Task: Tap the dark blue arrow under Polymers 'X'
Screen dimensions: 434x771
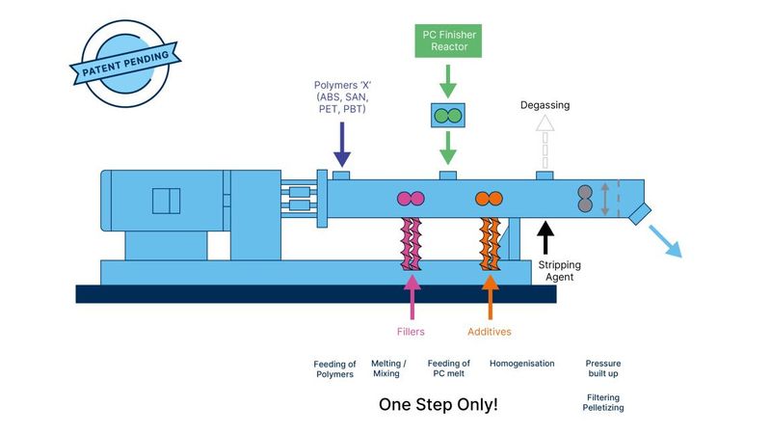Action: point(340,149)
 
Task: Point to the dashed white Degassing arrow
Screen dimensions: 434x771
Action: point(545,144)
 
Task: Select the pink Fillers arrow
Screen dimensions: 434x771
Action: point(412,297)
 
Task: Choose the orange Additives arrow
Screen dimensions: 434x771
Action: point(490,297)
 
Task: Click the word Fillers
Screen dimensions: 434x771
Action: point(412,332)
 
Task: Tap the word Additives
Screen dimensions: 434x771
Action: point(490,332)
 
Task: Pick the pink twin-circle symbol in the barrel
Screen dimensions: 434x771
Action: point(412,199)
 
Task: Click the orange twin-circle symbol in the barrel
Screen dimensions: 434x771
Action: point(490,199)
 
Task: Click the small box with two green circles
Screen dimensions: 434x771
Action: point(446,116)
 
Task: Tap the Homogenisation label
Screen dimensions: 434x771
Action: point(521,364)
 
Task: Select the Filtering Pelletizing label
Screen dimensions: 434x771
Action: point(604,402)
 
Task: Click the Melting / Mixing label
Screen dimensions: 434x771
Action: point(389,368)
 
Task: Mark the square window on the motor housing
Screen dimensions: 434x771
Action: point(166,200)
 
